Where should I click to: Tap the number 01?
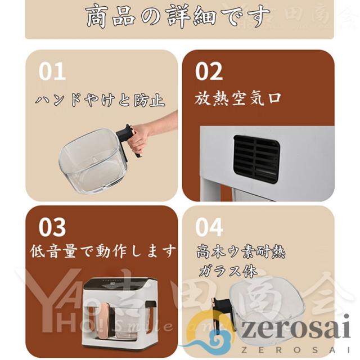pyautogui.click(x=52, y=72)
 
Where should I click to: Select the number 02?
pyautogui.click(x=209, y=72)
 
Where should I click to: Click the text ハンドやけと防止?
pyautogui.click(x=100, y=100)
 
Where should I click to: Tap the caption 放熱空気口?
pyautogui.click(x=238, y=99)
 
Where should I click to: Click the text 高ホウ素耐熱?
pyautogui.click(x=241, y=251)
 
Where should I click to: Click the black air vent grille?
pyautogui.click(x=256, y=159)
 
